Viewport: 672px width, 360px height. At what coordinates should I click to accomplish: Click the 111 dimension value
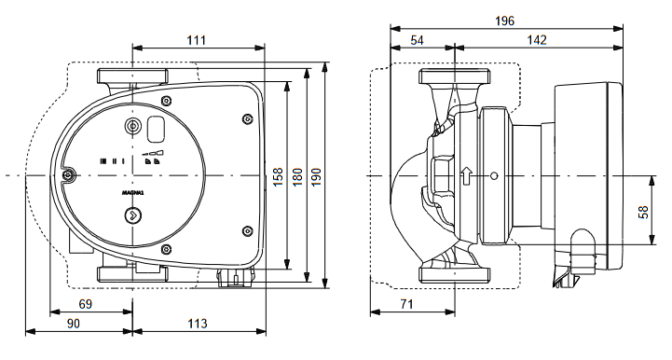197,40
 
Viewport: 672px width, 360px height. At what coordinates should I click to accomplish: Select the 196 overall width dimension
504,21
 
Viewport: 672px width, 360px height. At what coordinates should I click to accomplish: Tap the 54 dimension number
417,40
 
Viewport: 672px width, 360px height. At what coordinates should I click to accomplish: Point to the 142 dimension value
537,40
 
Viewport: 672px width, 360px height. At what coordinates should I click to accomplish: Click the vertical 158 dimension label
278,176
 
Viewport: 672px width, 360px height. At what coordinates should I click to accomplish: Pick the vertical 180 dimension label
297,176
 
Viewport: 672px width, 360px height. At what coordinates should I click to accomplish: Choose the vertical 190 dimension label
316,176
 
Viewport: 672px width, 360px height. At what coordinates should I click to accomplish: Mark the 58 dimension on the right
643,213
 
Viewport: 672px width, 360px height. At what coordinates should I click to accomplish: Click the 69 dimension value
86,304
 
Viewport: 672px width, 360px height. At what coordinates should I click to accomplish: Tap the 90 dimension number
74,323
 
